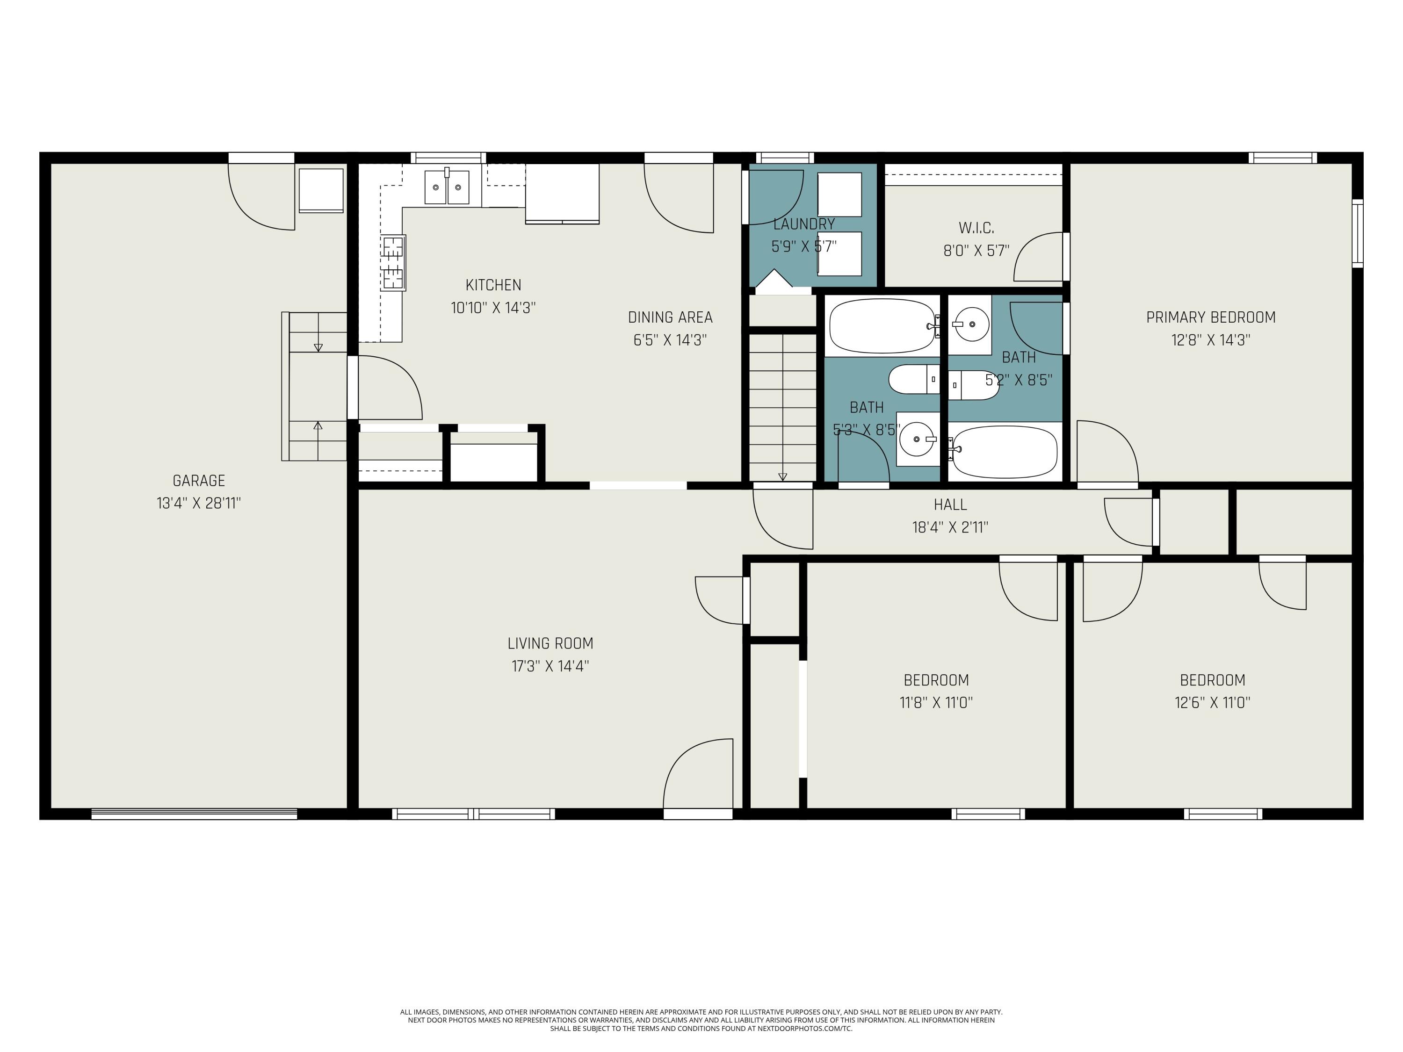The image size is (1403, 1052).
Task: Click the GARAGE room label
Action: point(199,481)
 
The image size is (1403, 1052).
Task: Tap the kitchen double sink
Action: point(447,187)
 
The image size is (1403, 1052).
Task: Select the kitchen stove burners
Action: point(393,262)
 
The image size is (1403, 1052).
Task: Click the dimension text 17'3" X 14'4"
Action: point(550,666)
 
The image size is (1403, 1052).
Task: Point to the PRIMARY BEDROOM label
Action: point(1210,317)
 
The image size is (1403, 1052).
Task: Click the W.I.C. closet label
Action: point(976,228)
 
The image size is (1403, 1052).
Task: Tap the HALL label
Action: point(950,505)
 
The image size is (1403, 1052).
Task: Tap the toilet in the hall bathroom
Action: point(914,379)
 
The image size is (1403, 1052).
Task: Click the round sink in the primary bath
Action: point(970,324)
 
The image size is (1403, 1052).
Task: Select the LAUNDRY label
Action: point(803,224)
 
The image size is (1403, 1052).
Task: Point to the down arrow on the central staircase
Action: point(783,476)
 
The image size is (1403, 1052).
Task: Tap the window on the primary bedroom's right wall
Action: point(1357,233)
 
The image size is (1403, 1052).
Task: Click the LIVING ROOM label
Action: point(550,644)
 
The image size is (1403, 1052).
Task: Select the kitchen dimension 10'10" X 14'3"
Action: point(493,308)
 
